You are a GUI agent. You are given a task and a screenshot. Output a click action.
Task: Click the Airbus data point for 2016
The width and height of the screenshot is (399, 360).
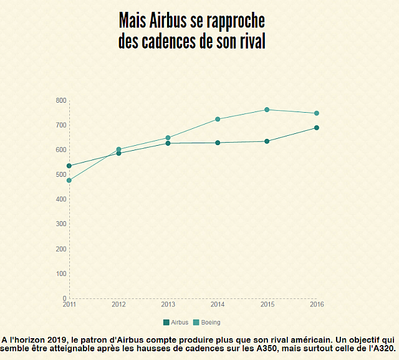pyautogui.click(x=317, y=128)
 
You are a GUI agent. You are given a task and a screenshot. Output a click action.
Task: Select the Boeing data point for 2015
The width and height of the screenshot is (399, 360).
pyautogui.click(x=267, y=110)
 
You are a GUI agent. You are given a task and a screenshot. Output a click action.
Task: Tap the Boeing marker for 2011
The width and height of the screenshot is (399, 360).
pyautogui.click(x=69, y=181)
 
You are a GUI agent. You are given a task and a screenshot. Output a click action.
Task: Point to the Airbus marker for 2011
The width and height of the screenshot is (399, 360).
pyautogui.click(x=69, y=166)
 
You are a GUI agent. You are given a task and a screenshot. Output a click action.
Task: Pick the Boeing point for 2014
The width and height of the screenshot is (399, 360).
pyautogui.click(x=218, y=119)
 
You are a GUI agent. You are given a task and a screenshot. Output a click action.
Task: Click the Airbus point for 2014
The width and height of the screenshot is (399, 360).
pyautogui.click(x=218, y=143)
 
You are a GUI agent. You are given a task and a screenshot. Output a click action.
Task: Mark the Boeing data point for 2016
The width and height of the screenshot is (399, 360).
pyautogui.click(x=317, y=113)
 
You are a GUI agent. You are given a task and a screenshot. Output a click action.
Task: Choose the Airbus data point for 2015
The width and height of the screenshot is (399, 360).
pyautogui.click(x=267, y=141)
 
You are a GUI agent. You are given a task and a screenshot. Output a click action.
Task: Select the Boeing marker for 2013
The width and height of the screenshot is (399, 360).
pyautogui.click(x=168, y=138)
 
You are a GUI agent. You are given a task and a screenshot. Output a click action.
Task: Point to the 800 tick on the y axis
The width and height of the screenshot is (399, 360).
pyautogui.click(x=60, y=100)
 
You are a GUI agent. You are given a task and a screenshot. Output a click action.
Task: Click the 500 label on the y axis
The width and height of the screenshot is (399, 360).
pyautogui.click(x=60, y=174)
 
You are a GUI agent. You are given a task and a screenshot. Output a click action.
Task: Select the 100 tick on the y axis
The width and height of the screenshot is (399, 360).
pyautogui.click(x=60, y=273)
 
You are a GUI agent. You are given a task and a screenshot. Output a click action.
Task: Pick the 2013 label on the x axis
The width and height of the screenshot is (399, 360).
pyautogui.click(x=168, y=304)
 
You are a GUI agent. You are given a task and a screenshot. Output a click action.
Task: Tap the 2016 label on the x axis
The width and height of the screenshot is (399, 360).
pyautogui.click(x=317, y=304)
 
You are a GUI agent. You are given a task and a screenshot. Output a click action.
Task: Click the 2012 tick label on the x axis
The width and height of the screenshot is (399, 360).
pyautogui.click(x=118, y=304)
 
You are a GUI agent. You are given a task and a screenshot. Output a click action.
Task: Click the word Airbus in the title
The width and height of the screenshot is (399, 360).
pyautogui.click(x=168, y=21)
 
